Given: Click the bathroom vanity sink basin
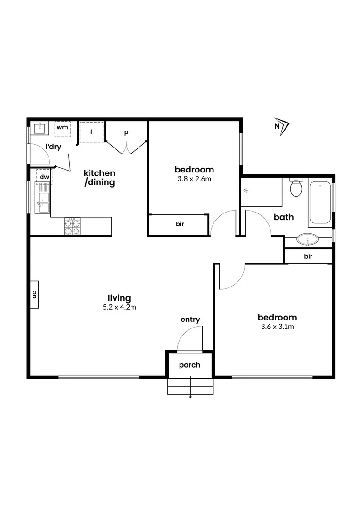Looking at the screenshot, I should [x=308, y=240].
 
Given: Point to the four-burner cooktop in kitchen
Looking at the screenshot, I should [x=72, y=226].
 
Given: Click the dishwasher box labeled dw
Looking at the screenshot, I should [x=44, y=177].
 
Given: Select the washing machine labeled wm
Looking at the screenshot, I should [x=63, y=128].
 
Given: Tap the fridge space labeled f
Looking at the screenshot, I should [x=91, y=132].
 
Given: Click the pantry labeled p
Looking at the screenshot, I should [x=126, y=133].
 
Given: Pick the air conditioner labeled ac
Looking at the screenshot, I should [x=34, y=295].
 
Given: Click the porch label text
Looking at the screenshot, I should [x=190, y=365].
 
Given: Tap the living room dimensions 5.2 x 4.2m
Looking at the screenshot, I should [x=119, y=307].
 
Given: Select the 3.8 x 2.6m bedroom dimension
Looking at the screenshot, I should [x=194, y=179].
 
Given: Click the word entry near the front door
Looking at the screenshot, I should [x=190, y=320].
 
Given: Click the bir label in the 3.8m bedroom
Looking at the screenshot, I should [x=180, y=224].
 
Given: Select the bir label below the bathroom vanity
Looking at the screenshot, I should [x=309, y=256].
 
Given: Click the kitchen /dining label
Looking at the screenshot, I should [x=99, y=178].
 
